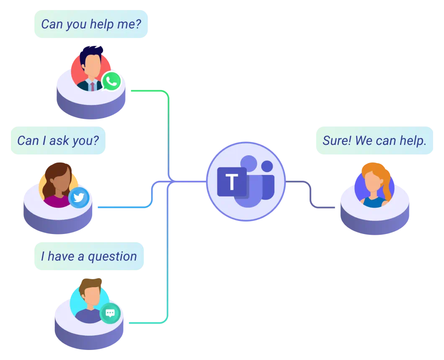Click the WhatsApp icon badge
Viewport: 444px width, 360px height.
click(x=111, y=81)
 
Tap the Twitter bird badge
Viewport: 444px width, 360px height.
click(x=78, y=197)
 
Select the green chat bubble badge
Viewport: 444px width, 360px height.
click(x=110, y=313)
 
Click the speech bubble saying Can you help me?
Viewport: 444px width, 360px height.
click(x=91, y=24)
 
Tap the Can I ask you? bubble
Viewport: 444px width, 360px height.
click(x=58, y=140)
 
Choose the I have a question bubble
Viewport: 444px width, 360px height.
click(x=89, y=256)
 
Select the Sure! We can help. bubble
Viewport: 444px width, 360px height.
click(x=374, y=140)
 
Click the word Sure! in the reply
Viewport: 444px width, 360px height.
click(x=337, y=140)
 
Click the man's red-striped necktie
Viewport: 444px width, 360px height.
click(x=92, y=86)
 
